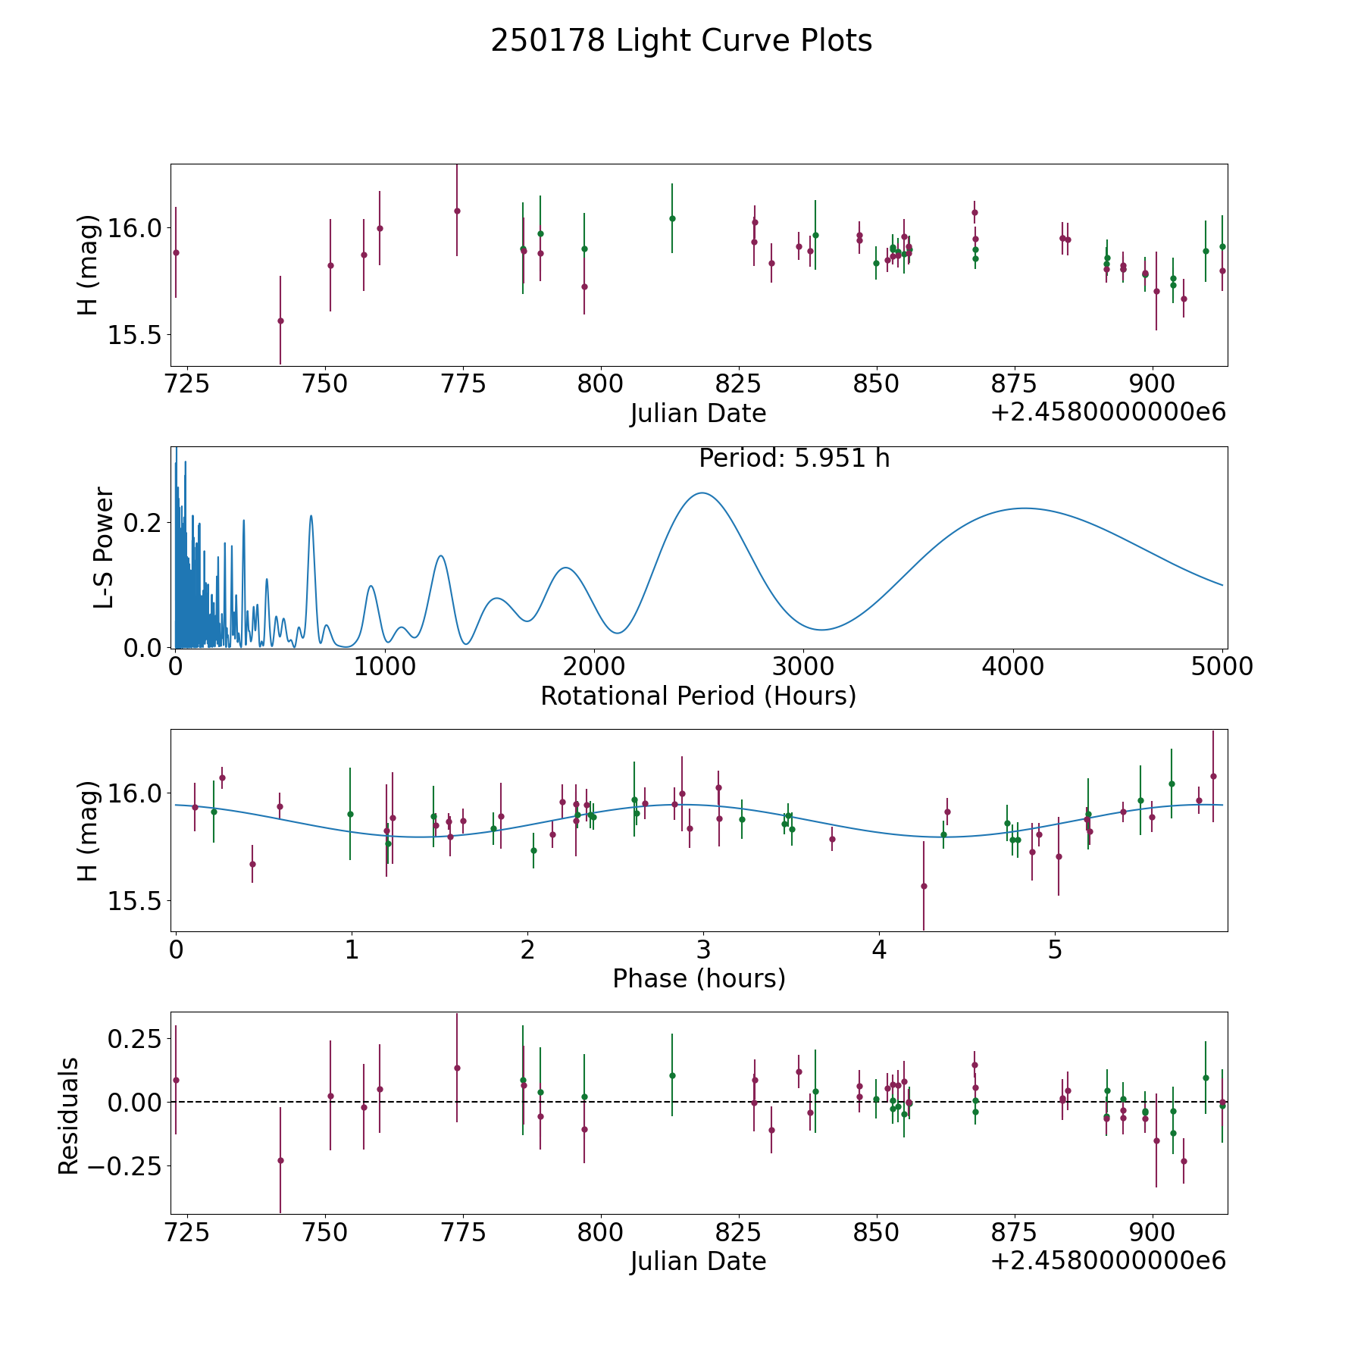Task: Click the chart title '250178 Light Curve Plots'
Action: pyautogui.click(x=681, y=41)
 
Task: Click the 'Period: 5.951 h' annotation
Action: pyautogui.click(x=794, y=458)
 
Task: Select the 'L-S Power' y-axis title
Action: pyautogui.click(x=105, y=548)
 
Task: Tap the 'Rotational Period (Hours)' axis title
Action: pyautogui.click(x=698, y=696)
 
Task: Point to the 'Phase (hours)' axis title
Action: pyautogui.click(x=699, y=978)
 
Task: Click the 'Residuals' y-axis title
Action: pyautogui.click(x=68, y=1115)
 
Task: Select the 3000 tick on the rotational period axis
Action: pyautogui.click(x=804, y=666)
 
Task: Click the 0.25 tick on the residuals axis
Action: pyautogui.click(x=134, y=1037)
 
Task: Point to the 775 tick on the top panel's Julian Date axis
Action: pyautogui.click(x=462, y=383)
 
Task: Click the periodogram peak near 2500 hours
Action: pyautogui.click(x=702, y=493)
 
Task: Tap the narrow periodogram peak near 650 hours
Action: pyautogui.click(x=311, y=515)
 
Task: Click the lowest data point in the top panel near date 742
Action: pyautogui.click(x=280, y=321)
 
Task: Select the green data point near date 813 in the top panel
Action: pyautogui.click(x=672, y=218)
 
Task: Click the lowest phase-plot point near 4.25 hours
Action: pyautogui.click(x=924, y=886)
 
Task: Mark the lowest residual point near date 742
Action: pyautogui.click(x=280, y=1160)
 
